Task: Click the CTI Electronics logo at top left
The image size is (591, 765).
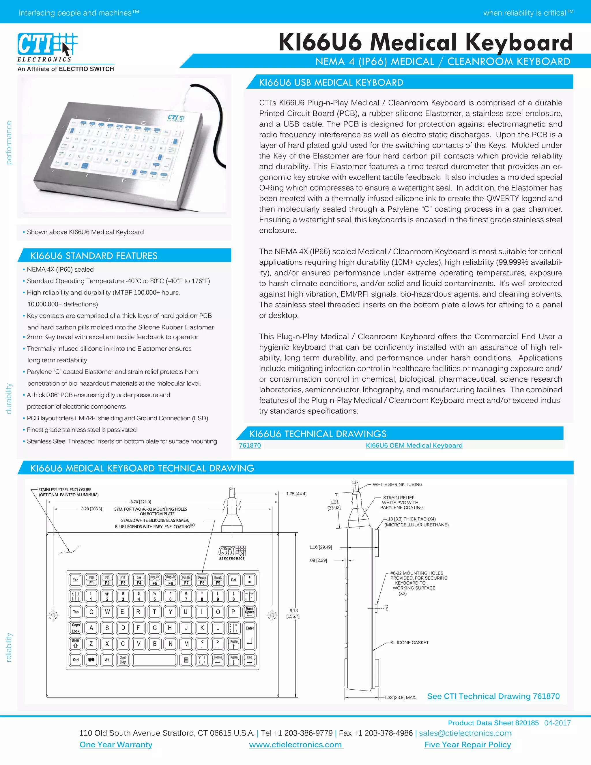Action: coord(47,47)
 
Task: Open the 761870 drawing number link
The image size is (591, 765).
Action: coord(250,445)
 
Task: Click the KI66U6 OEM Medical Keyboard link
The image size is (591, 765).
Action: coord(414,445)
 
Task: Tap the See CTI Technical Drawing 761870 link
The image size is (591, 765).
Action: coord(493,696)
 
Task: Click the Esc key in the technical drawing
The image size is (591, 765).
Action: coord(75,580)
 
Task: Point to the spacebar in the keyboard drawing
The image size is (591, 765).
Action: coord(154,660)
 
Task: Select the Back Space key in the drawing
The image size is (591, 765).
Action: coord(250,612)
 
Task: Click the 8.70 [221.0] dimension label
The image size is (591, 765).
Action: coord(141,502)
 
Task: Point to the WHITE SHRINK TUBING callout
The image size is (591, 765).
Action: coord(397,484)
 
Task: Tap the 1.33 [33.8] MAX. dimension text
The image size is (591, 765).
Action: coord(400,697)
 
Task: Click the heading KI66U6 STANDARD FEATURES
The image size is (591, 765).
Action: coord(94,256)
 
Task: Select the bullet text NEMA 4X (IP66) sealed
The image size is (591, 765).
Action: coord(60,269)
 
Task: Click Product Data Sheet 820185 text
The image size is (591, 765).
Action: coord(493,723)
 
